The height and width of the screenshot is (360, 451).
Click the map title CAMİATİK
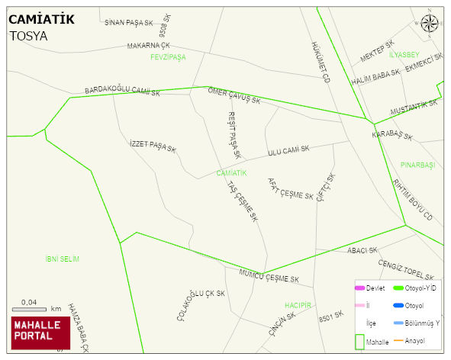(x=41, y=20)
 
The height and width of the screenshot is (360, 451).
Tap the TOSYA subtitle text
(x=28, y=36)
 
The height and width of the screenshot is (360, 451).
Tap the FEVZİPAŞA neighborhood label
(x=168, y=57)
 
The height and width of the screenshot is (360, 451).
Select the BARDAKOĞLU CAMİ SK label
(x=122, y=92)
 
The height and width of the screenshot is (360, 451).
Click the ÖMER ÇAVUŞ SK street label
(x=234, y=95)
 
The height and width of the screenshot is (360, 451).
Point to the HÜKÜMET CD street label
(x=321, y=62)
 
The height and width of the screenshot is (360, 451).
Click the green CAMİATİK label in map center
(x=231, y=173)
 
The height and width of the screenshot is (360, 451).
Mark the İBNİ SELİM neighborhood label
(x=63, y=259)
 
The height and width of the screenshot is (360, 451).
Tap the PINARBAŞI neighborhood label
(x=417, y=165)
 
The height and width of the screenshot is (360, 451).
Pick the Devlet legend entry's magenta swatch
(x=360, y=288)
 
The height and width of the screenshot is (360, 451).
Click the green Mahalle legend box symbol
(x=359, y=342)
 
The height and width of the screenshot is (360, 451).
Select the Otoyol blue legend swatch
(x=398, y=306)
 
